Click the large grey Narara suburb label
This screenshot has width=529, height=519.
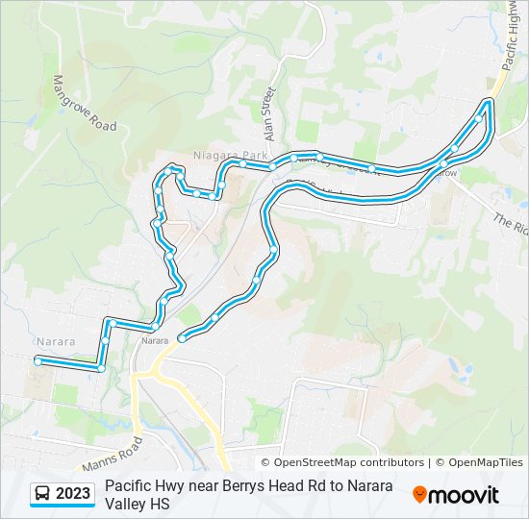click(58, 341)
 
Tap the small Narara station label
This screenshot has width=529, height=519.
click(155, 340)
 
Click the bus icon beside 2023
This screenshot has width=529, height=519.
click(43, 494)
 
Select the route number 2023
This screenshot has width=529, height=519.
click(73, 494)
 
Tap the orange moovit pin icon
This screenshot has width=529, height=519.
click(419, 494)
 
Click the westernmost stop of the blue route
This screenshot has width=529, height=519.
click(38, 361)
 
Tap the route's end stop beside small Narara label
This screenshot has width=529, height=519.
click(181, 337)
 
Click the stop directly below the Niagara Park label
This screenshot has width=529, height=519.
click(221, 184)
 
